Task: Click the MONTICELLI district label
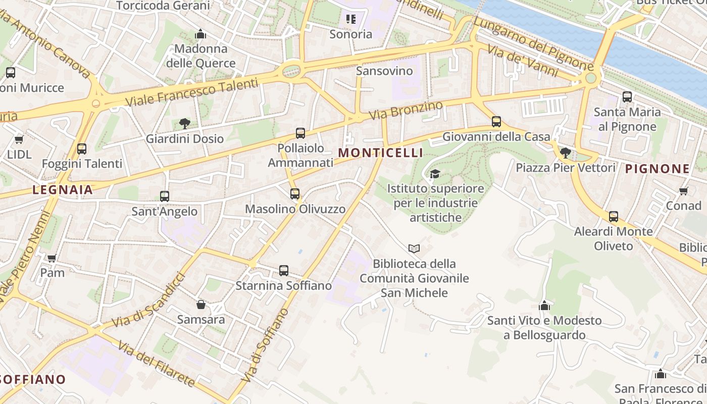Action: [380, 153]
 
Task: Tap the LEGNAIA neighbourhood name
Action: [63, 190]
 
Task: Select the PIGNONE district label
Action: [657, 169]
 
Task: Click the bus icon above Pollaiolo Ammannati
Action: [300, 133]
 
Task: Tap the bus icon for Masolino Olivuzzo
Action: [295, 194]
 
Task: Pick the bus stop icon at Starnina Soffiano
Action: [284, 271]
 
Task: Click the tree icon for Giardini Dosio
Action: [185, 123]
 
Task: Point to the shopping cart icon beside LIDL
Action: [19, 139]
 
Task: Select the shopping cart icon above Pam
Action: [52, 258]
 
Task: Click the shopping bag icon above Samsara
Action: [201, 305]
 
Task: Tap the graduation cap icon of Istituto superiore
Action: [435, 174]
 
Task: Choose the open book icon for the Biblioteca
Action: [414, 248]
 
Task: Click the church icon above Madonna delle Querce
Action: [200, 34]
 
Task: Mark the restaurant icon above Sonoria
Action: [350, 20]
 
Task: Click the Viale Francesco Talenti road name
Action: [191, 92]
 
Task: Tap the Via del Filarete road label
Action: [157, 364]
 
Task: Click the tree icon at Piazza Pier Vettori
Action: [566, 153]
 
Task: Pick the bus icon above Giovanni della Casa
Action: [496, 122]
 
